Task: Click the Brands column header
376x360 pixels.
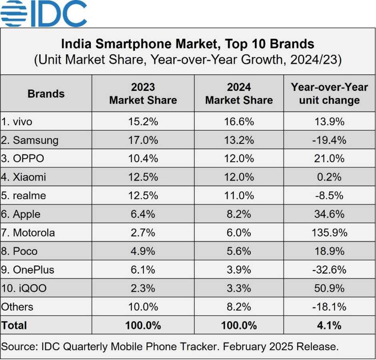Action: click(x=46, y=94)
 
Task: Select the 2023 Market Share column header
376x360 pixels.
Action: click(x=143, y=94)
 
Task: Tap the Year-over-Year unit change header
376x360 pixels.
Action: click(x=329, y=94)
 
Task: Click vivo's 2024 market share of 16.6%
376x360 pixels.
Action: click(x=239, y=122)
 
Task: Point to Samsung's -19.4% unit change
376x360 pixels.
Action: click(x=329, y=140)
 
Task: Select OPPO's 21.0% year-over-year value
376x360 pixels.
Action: click(x=329, y=159)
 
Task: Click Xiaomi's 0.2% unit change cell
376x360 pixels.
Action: click(x=329, y=177)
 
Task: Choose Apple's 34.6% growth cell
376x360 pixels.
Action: click(x=329, y=214)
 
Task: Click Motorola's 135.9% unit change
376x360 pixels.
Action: click(x=329, y=233)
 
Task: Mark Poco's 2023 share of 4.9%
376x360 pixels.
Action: click(x=143, y=251)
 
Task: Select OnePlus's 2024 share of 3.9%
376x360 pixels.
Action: click(x=239, y=270)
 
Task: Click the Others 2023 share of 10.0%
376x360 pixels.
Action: click(x=143, y=307)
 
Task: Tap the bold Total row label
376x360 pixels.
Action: click(x=14, y=325)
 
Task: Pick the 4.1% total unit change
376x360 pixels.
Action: click(x=329, y=325)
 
